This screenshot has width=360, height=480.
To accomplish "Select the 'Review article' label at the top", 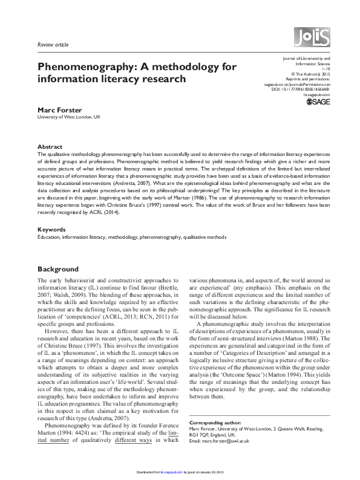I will click(53, 45).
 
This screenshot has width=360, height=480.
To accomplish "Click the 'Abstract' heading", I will click(50, 147).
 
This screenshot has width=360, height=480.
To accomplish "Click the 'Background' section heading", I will click(58, 268).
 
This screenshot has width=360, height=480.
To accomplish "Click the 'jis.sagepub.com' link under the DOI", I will click(316, 95).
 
